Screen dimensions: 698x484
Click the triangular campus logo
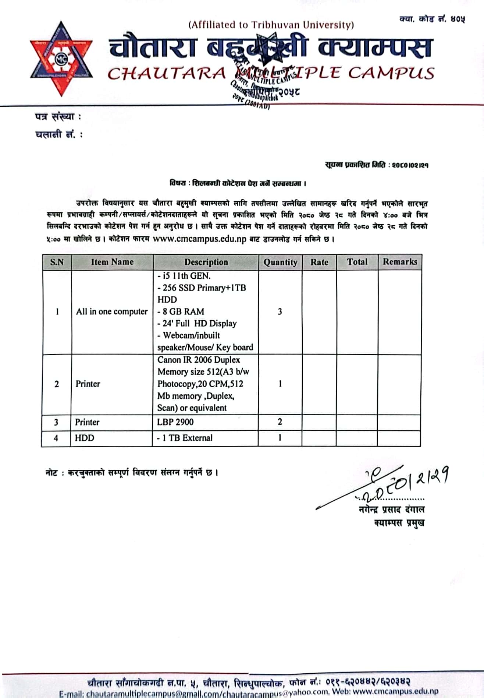(x=61, y=59)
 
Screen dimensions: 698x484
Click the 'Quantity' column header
(x=280, y=262)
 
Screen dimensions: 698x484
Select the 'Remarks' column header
(x=400, y=262)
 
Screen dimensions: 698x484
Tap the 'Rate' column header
(x=319, y=262)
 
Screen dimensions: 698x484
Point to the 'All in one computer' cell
(x=112, y=312)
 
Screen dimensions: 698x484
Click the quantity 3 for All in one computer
(x=280, y=312)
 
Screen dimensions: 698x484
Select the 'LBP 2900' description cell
(x=175, y=422)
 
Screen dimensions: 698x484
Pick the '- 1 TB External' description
(x=185, y=438)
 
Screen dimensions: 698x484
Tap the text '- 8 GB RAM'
(x=181, y=311)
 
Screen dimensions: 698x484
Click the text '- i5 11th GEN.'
(x=184, y=276)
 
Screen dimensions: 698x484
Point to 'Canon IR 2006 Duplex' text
(x=199, y=360)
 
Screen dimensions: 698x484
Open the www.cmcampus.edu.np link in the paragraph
(x=199, y=239)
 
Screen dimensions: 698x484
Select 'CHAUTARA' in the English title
(x=167, y=73)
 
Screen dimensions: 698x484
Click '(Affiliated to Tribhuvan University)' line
(x=271, y=25)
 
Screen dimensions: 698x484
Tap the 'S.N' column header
(x=57, y=262)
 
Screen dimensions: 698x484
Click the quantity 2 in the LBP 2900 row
(x=280, y=422)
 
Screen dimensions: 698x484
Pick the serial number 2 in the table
(x=57, y=384)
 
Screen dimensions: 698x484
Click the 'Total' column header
(x=357, y=262)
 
